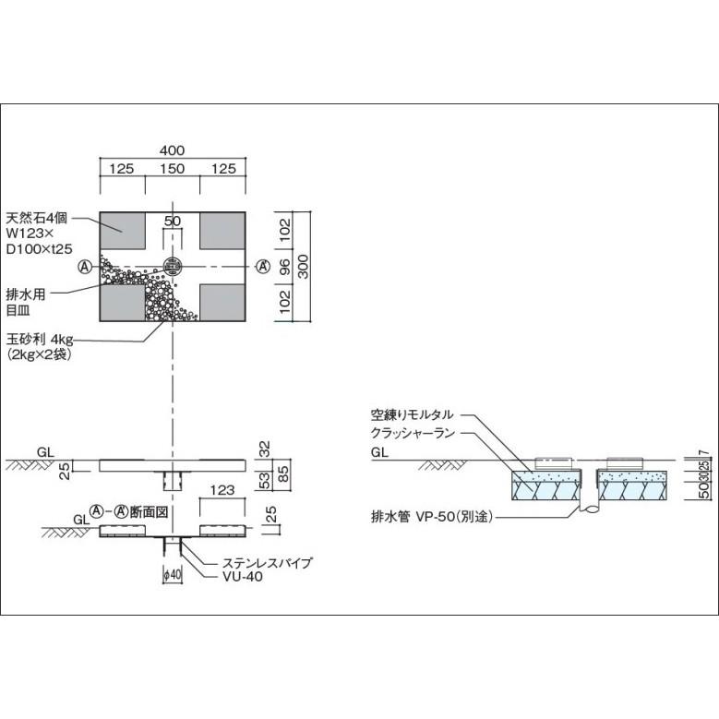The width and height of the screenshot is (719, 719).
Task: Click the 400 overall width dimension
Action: pyautogui.click(x=172, y=150)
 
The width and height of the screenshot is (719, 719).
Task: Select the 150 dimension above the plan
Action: pyautogui.click(x=172, y=169)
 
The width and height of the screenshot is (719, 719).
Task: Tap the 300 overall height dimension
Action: pyautogui.click(x=303, y=267)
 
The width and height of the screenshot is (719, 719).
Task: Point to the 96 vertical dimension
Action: pyautogui.click(x=284, y=267)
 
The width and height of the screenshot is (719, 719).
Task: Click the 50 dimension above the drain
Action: pyautogui.click(x=173, y=221)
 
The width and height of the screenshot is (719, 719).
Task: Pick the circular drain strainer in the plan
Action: pyautogui.click(x=173, y=266)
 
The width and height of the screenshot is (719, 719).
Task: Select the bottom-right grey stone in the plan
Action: pyautogui.click(x=222, y=303)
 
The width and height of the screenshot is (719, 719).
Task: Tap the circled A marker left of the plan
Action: pyautogui.click(x=85, y=266)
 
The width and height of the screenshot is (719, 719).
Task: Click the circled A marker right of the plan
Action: pyautogui.click(x=263, y=266)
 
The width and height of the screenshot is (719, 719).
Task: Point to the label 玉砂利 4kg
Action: pyautogui.click(x=40, y=340)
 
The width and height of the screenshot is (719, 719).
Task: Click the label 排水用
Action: pyautogui.click(x=25, y=294)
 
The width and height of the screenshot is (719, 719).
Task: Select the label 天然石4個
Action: pyautogui.click(x=36, y=217)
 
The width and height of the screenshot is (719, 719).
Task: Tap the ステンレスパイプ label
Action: pyautogui.click(x=268, y=563)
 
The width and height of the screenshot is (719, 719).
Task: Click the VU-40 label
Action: pyautogui.click(x=243, y=576)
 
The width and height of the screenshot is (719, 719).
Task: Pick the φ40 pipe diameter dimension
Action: pyautogui.click(x=173, y=575)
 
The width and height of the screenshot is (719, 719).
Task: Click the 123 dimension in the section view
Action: pyautogui.click(x=222, y=491)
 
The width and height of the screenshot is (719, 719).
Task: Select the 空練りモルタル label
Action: pyautogui.click(x=412, y=414)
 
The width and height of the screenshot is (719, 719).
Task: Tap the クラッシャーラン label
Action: pyautogui.click(x=413, y=433)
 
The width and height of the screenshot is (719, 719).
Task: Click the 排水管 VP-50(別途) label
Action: pyautogui.click(x=432, y=517)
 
